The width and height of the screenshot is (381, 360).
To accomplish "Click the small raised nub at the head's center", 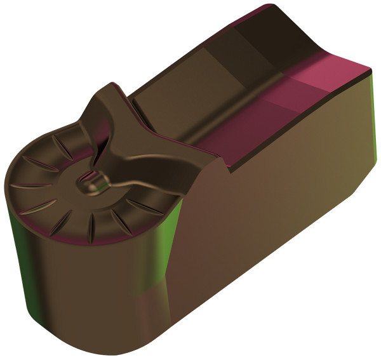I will [x=93, y=183].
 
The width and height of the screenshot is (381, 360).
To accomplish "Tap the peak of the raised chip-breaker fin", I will [x=115, y=88].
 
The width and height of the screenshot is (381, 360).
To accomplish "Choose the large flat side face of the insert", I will [x=279, y=210].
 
